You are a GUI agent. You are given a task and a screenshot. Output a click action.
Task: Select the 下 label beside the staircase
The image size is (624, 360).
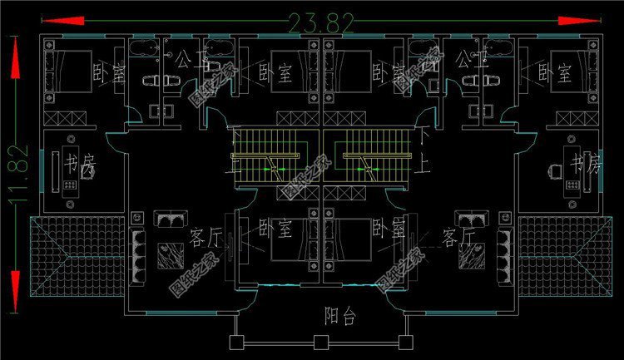click(x=426, y=133)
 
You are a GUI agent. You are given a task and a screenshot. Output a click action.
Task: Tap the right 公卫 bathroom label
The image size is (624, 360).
click(x=466, y=59)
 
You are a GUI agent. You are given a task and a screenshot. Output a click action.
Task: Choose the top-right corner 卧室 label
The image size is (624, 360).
click(x=555, y=73)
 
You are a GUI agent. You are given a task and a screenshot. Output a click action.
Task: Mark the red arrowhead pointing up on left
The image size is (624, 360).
click(x=14, y=58)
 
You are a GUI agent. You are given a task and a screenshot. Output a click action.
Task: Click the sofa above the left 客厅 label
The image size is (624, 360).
click(x=173, y=219)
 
